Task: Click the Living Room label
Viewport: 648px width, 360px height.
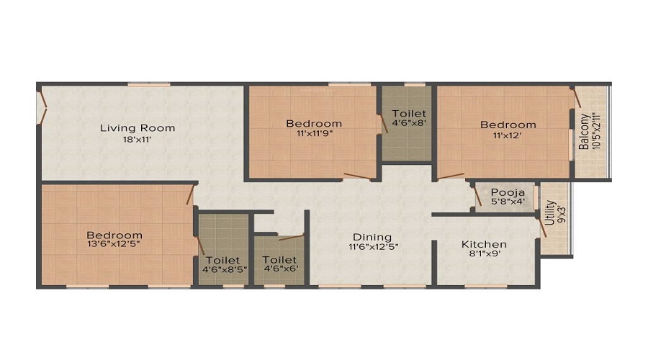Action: (138, 128)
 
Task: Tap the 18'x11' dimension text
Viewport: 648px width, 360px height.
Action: (137, 140)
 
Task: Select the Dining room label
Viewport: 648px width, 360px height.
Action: (372, 238)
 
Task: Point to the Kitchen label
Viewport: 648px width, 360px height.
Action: (484, 244)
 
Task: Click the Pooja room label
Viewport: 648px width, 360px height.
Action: (508, 193)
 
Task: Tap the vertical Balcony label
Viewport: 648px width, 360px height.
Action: (583, 132)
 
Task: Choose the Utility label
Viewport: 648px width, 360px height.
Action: (549, 213)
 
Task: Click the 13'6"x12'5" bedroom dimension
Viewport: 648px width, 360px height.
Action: (114, 244)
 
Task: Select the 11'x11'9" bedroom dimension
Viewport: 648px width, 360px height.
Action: (314, 133)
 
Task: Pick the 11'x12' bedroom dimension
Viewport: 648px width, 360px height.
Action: (507, 135)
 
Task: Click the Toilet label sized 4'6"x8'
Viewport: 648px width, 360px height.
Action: (409, 113)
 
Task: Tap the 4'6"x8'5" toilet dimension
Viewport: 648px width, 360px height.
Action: (225, 269)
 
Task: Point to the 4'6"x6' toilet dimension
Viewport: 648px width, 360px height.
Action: (280, 269)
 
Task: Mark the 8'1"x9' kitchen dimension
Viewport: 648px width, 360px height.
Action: (485, 253)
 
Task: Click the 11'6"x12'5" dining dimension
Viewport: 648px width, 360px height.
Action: (373, 247)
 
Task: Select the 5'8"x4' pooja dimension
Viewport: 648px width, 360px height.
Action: (508, 202)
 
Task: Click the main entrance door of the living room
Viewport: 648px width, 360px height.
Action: (42, 107)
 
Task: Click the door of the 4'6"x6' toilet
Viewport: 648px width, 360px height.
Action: (292, 238)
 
